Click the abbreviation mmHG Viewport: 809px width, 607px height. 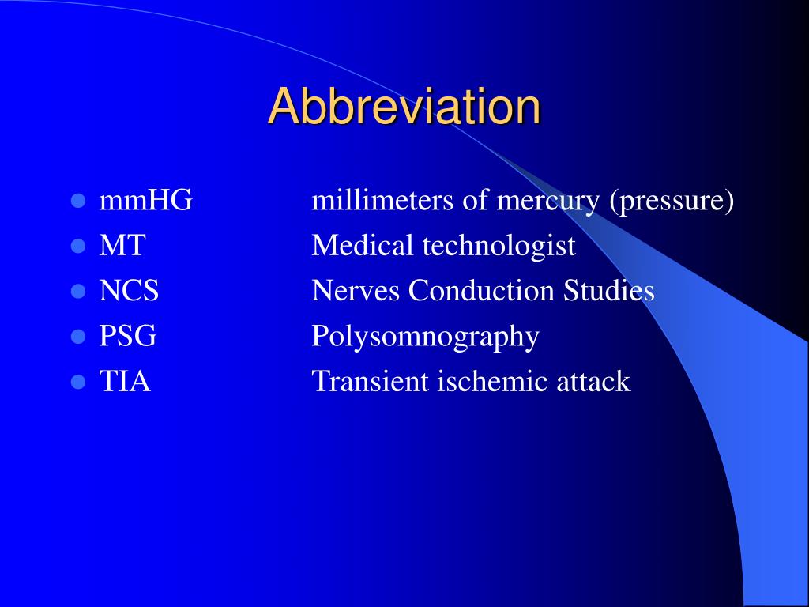pos(145,201)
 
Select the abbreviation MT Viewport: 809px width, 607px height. pos(122,246)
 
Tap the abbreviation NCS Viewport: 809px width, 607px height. pos(129,291)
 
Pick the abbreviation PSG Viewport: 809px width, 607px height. pos(127,336)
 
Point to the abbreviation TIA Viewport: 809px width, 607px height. pos(125,382)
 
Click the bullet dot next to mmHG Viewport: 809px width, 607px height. pos(77,202)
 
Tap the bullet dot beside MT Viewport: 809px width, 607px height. pos(77,247)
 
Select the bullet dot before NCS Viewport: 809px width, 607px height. pos(77,292)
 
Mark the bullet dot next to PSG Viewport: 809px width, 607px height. pos(77,337)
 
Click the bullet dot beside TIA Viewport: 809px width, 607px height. pos(77,383)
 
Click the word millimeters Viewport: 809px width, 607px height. pos(383,201)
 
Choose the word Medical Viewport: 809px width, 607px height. pos(363,246)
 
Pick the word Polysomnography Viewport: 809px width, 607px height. pos(425,337)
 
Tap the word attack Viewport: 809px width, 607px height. pos(593,382)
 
